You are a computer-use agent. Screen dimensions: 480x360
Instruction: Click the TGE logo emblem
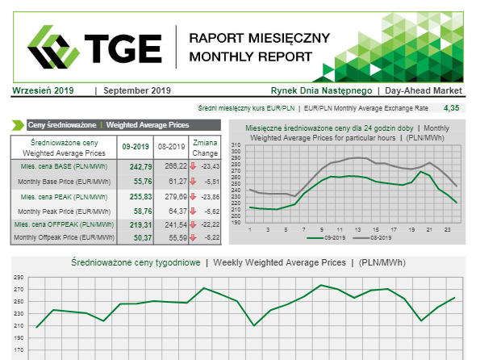tap(53, 47)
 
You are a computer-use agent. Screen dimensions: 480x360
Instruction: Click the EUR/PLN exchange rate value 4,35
tap(451, 108)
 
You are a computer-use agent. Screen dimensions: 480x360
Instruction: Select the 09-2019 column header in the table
tap(136, 147)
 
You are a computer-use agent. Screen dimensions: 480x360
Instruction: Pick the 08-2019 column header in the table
tap(171, 147)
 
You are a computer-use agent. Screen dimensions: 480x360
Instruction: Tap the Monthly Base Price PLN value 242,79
tap(141, 166)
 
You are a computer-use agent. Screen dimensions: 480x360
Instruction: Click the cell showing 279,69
tap(176, 196)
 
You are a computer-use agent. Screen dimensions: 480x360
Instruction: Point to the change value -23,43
tap(211, 166)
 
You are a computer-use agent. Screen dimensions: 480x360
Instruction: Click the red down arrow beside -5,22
tap(193, 237)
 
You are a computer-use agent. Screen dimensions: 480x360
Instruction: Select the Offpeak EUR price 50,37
tap(143, 238)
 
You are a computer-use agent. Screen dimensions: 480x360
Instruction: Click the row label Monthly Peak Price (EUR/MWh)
tap(64, 211)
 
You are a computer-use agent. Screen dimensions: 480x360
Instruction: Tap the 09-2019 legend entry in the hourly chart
tap(326, 238)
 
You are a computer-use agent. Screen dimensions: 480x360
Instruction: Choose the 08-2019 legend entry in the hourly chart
tap(372, 238)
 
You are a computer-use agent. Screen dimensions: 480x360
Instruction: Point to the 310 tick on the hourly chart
tap(236, 144)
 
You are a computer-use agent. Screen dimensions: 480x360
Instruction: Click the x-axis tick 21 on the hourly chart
tap(429, 229)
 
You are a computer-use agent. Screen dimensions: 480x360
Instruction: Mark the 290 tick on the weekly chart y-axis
tap(19, 278)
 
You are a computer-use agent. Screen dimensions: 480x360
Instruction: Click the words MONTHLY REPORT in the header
tap(251, 57)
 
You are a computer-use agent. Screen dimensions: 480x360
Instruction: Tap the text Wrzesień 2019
tap(43, 90)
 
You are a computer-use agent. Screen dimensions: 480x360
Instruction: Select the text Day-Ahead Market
tap(424, 90)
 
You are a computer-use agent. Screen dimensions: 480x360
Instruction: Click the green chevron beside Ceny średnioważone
tap(18, 125)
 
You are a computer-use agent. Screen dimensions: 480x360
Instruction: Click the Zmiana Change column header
tap(205, 148)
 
